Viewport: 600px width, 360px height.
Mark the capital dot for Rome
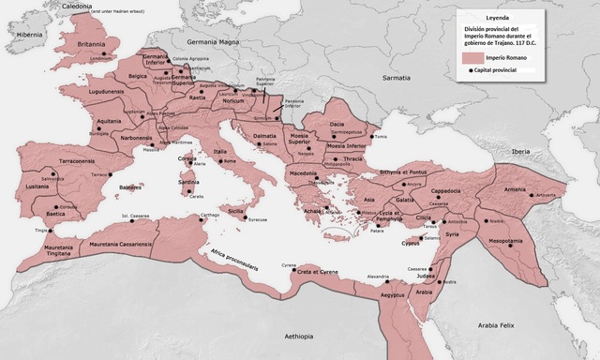pyautogui.click(x=221, y=166)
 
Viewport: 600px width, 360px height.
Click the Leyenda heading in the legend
pyautogui.click(x=498, y=16)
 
